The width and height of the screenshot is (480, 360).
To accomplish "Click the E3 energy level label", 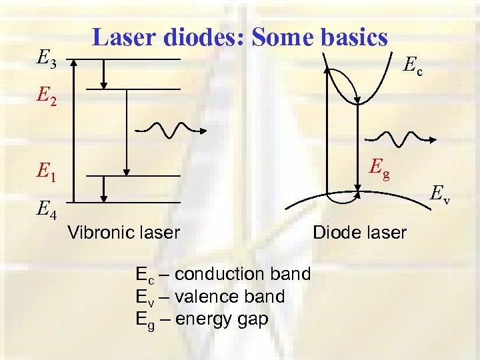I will coord(47,61).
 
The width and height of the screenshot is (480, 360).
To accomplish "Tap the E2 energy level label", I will coord(47,99).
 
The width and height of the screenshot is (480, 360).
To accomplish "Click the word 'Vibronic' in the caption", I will coord(99,233).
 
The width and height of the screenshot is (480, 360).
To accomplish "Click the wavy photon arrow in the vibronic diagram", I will coord(165,128).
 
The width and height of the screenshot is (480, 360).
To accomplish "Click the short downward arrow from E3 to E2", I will coord(104,73).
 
